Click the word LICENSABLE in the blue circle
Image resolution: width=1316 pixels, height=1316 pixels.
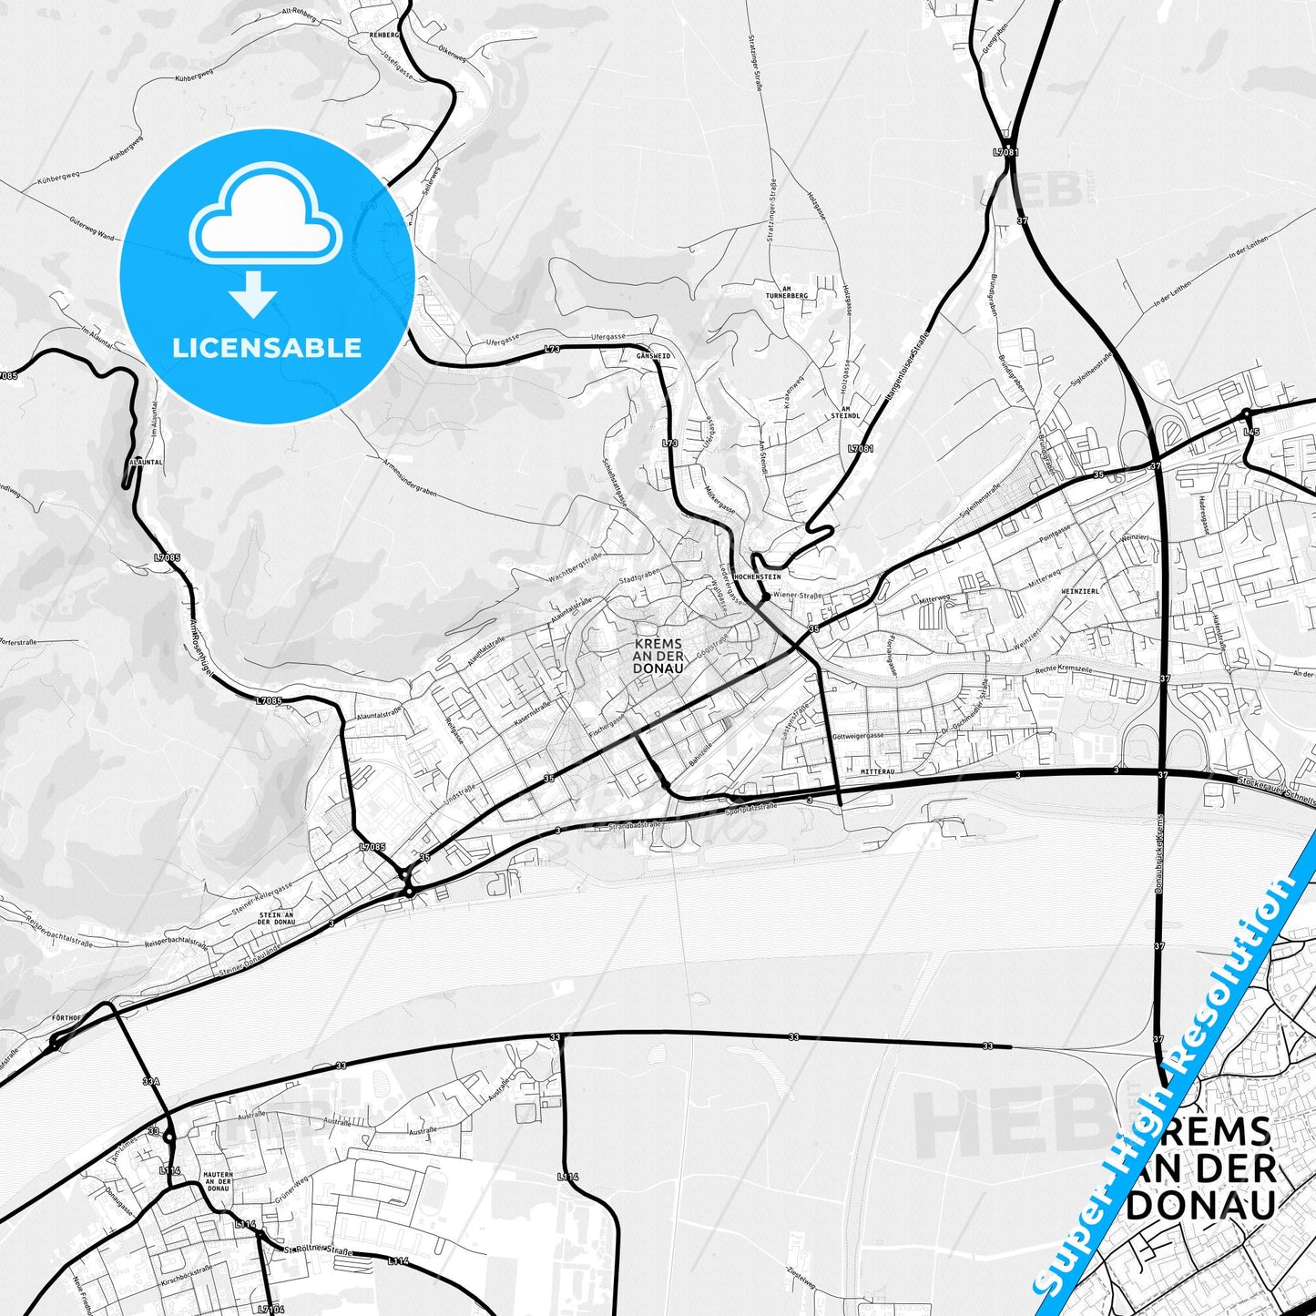click(267, 348)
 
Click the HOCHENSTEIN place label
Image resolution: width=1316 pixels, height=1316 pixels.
click(757, 576)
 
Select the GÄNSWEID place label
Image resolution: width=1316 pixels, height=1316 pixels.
click(653, 356)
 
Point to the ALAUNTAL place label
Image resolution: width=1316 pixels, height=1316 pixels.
click(146, 462)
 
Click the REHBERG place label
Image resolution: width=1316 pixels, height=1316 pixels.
click(384, 34)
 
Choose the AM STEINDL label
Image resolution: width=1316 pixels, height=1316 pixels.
click(845, 412)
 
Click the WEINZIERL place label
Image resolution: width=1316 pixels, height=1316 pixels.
click(1080, 591)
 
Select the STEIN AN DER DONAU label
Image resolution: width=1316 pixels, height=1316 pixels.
click(276, 917)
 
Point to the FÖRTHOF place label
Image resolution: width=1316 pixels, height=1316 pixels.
click(67, 1017)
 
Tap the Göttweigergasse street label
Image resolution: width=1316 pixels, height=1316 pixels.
click(858, 735)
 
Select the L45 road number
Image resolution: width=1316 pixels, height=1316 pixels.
click(1251, 432)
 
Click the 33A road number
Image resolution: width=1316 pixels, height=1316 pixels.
click(151, 1083)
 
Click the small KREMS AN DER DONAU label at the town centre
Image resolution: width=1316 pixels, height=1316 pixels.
click(658, 655)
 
